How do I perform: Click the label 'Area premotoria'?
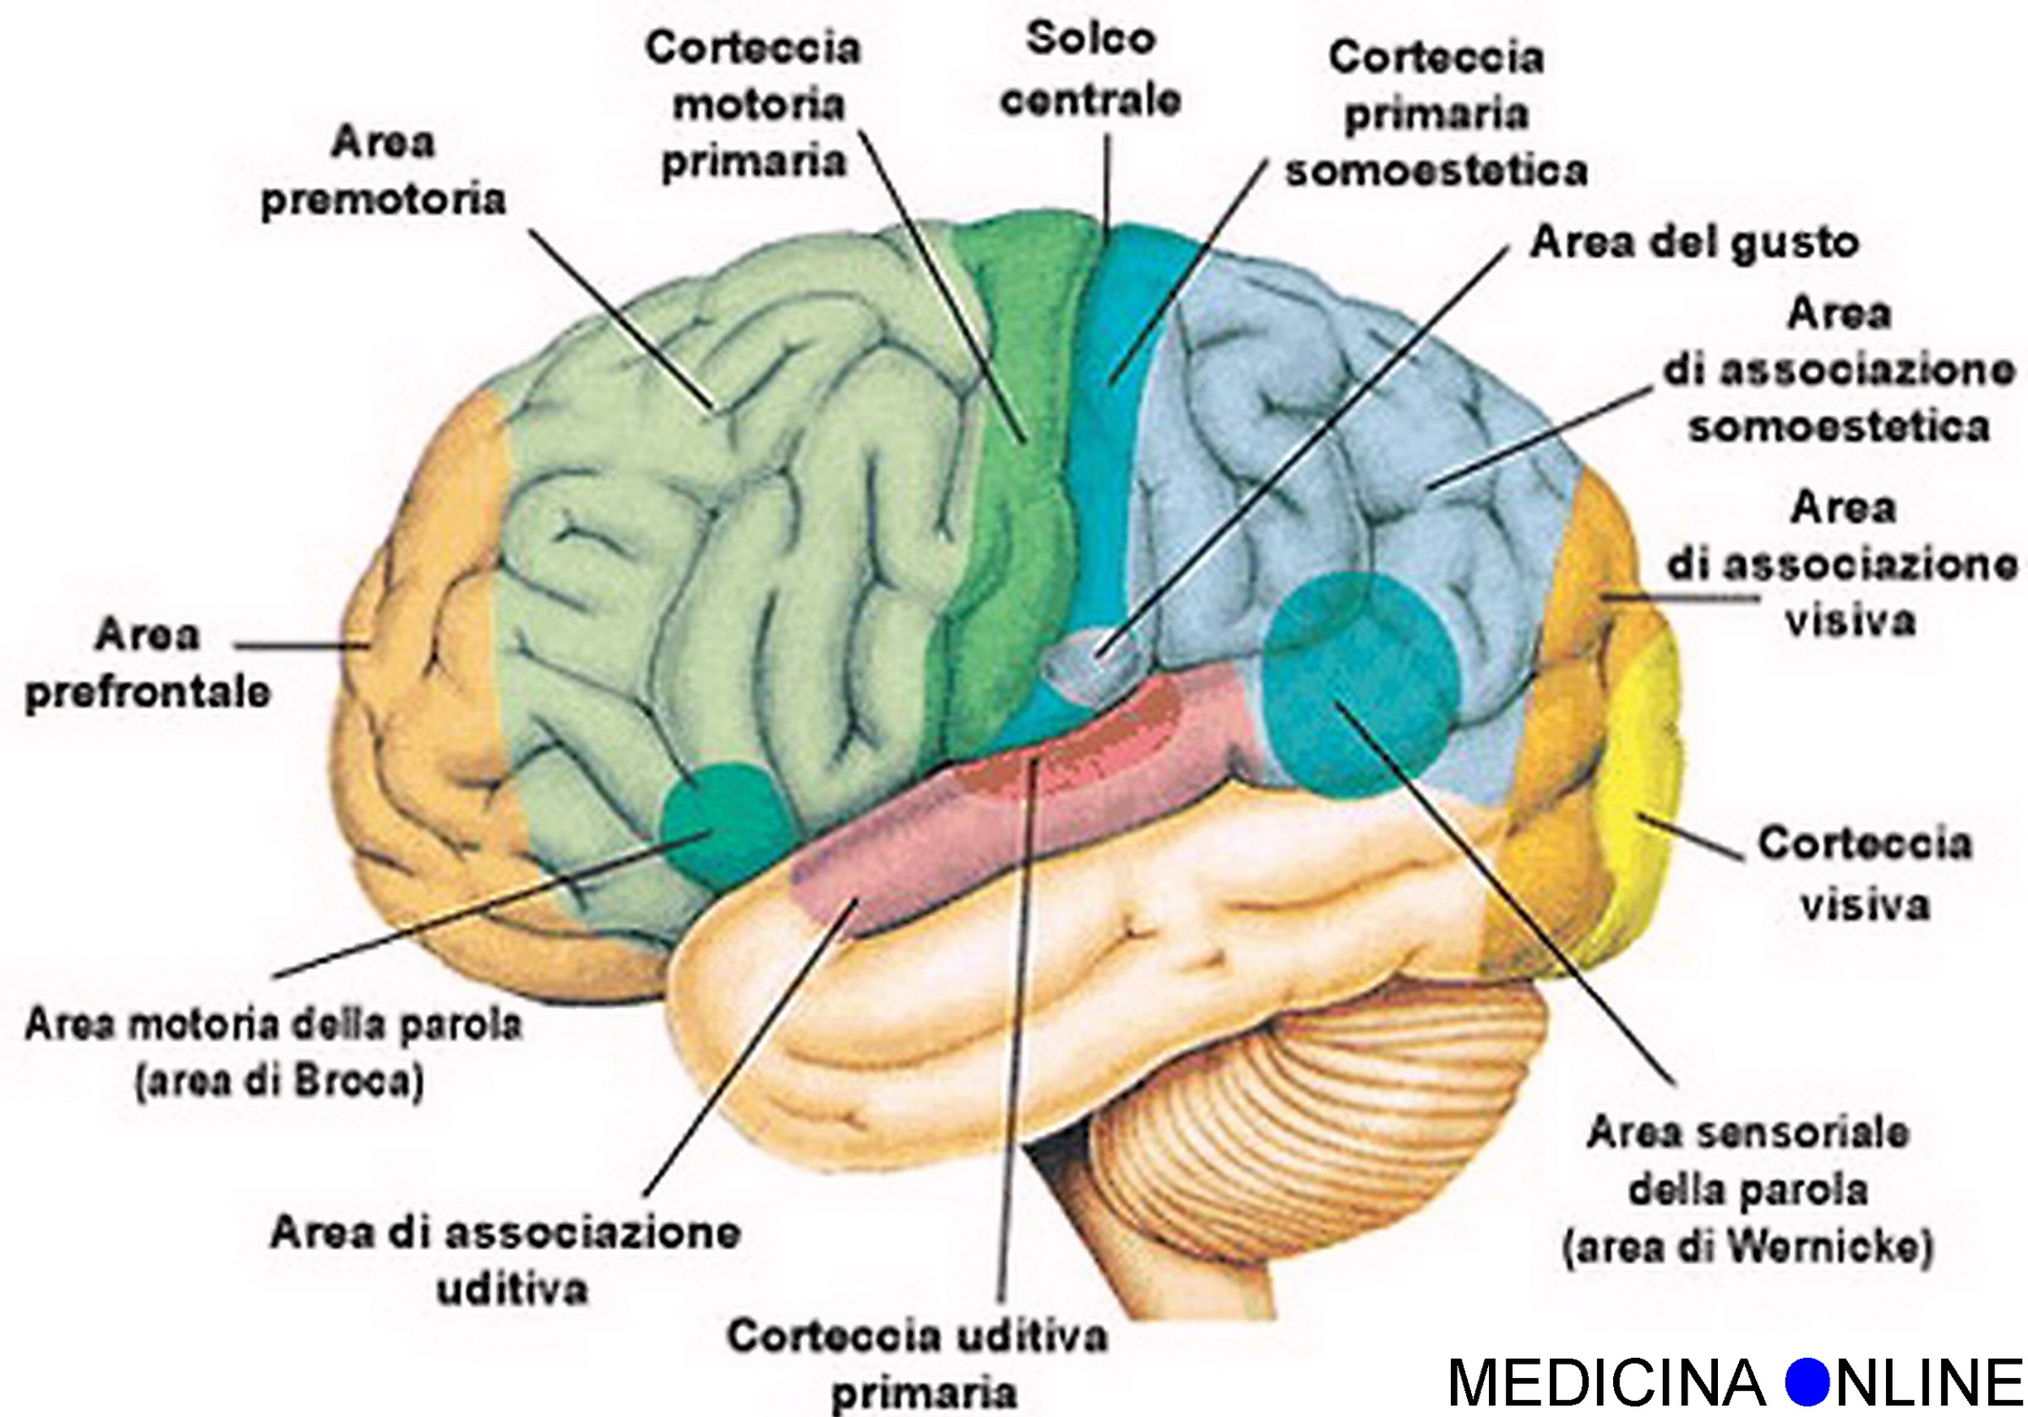click(384, 172)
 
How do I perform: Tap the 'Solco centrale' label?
click(1091, 71)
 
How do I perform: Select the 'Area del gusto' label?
click(1694, 243)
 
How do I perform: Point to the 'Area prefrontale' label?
click(147, 662)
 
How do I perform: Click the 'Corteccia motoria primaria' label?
click(754, 104)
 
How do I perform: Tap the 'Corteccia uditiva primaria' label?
click(917, 1365)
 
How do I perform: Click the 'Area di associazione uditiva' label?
click(505, 1262)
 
